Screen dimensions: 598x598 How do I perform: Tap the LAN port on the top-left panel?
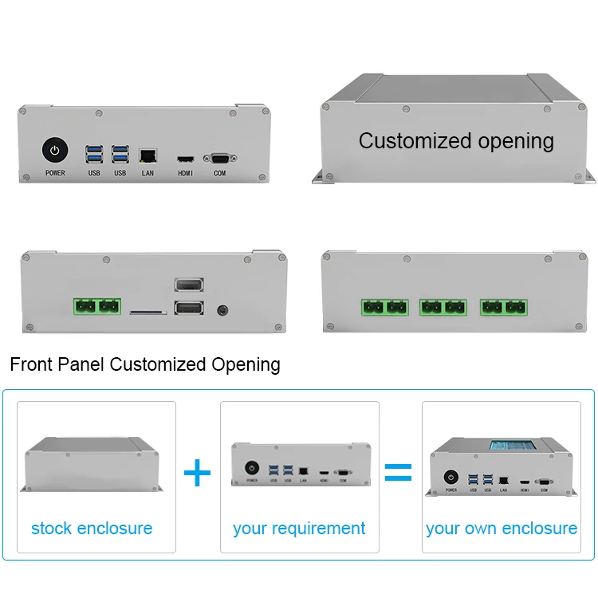click(x=148, y=155)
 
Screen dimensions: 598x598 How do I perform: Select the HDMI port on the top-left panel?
click(x=185, y=158)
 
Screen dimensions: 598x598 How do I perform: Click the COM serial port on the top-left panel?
click(x=219, y=158)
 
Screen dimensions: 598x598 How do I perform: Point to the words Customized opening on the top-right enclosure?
click(x=456, y=141)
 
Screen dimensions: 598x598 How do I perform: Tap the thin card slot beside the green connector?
click(x=148, y=313)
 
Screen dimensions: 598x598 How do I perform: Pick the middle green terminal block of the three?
click(x=443, y=307)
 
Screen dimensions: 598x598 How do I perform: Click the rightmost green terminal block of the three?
click(x=503, y=307)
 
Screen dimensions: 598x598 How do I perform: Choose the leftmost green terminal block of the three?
click(x=384, y=307)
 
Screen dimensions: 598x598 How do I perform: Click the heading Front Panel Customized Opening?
click(x=145, y=365)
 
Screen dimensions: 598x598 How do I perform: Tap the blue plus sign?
click(x=198, y=473)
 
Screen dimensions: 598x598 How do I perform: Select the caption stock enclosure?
click(x=92, y=528)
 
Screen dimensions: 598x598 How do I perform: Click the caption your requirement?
click(x=299, y=528)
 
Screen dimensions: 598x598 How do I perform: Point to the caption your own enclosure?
click(x=502, y=528)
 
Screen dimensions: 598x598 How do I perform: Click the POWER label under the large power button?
click(x=55, y=173)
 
